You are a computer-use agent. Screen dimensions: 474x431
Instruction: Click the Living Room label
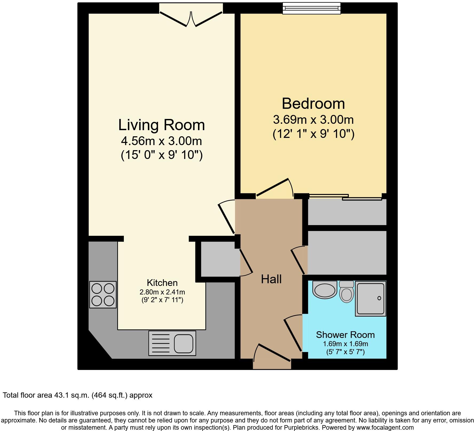[x=161, y=125]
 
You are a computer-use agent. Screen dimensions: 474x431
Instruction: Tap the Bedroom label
[x=313, y=103]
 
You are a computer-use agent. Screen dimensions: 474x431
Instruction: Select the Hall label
[x=271, y=279]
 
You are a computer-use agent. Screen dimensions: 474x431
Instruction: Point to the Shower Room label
[x=345, y=335]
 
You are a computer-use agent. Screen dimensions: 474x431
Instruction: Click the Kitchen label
[x=162, y=283]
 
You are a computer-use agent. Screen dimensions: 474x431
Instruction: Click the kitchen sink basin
[x=184, y=343]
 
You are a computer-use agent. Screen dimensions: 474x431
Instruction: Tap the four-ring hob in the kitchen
[x=103, y=295]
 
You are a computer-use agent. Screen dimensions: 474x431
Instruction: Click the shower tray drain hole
[x=379, y=298]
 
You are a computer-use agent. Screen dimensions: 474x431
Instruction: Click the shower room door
[x=293, y=333]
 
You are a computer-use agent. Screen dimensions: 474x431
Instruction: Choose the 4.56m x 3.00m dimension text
[x=161, y=141]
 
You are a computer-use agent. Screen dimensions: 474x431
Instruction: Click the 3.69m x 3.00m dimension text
[x=313, y=119]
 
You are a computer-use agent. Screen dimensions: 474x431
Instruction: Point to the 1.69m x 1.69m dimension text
[x=345, y=344]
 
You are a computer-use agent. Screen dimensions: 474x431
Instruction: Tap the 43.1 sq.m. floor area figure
[x=71, y=395]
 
